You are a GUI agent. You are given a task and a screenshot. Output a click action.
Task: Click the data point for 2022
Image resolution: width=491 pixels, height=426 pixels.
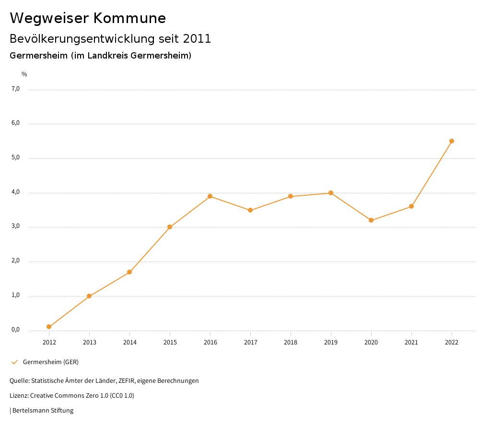[x=452, y=141]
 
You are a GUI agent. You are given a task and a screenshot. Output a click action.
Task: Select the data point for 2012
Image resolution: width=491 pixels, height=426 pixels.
[x=49, y=327]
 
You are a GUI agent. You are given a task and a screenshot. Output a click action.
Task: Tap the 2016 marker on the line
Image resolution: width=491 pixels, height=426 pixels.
[x=210, y=196]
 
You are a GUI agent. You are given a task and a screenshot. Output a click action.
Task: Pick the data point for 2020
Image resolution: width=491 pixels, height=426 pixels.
[x=371, y=220]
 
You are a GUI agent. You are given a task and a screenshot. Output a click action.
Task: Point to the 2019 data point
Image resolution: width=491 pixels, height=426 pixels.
[x=331, y=193]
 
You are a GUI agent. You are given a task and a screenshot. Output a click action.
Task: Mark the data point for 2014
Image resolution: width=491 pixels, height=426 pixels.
[x=129, y=272]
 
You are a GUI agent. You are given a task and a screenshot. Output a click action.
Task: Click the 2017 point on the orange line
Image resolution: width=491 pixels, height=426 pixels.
[x=250, y=210]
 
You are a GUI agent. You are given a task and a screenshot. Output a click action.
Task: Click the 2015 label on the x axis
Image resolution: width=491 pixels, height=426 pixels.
[x=170, y=343]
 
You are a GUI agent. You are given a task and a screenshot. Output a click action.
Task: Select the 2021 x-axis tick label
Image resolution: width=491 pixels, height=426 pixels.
[x=411, y=343]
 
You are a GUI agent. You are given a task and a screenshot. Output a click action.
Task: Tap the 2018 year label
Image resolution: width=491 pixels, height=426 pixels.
[x=291, y=343]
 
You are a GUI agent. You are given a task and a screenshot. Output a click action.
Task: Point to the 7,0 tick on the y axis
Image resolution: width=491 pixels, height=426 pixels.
[x=15, y=89]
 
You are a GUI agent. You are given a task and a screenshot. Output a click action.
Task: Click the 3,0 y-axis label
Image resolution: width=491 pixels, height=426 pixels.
[x=15, y=226]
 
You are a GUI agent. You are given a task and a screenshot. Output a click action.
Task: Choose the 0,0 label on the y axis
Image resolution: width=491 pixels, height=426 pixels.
[x=15, y=330]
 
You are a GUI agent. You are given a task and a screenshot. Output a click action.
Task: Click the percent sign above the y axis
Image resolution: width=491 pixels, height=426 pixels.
[x=24, y=74]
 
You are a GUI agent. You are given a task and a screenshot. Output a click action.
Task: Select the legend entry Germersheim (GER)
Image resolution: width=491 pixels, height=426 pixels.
[x=50, y=362]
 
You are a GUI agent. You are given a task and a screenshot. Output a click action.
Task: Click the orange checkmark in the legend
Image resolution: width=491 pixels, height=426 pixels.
[x=14, y=362]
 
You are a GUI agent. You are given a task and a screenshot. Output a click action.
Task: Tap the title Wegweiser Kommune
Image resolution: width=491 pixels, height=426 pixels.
[x=88, y=18]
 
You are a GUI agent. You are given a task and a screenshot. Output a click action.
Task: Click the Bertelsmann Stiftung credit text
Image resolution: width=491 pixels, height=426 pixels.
[x=43, y=411]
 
